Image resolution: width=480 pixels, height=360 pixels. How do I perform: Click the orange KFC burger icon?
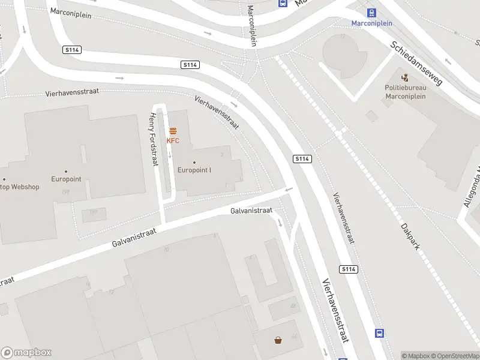click(173, 131)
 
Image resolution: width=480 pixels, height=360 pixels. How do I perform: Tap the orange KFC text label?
click(173, 141)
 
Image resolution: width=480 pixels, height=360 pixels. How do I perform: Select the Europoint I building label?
click(194, 170)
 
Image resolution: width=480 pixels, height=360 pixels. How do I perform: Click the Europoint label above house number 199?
click(66, 179)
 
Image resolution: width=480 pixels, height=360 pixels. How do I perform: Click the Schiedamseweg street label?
click(416, 63)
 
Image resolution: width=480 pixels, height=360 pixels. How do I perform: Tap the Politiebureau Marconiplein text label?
click(405, 92)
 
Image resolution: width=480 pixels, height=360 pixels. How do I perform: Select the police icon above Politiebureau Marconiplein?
click(405, 77)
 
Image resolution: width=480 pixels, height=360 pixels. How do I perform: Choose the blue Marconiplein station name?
click(372, 23)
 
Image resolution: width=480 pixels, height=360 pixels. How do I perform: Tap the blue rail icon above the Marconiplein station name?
click(372, 13)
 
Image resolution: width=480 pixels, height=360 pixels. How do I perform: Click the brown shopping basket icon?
click(278, 341)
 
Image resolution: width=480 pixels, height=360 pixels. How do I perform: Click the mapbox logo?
click(26, 353)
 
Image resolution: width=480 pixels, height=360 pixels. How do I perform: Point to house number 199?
click(66, 192)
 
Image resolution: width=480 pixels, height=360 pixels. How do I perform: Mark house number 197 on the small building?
click(93, 212)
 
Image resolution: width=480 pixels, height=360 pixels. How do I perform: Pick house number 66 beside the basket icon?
click(293, 335)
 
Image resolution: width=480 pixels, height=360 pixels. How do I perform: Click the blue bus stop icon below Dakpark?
click(379, 333)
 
